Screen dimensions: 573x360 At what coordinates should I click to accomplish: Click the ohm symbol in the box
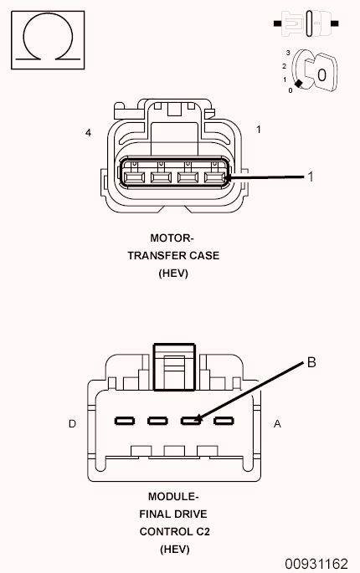48,39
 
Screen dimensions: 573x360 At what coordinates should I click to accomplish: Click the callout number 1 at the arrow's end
310,177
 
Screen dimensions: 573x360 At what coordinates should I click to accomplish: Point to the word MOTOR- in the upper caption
172,238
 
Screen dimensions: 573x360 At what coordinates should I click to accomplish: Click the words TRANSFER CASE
172,255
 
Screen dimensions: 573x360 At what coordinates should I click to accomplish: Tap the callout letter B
311,362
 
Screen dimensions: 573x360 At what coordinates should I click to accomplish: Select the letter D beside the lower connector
73,424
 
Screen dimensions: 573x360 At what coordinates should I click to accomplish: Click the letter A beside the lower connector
277,424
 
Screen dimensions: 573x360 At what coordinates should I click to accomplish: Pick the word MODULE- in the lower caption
172,496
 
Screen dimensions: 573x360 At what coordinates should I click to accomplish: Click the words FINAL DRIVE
172,514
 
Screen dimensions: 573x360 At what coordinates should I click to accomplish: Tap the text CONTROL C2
172,531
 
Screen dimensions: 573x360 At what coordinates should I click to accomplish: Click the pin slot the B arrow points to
190,420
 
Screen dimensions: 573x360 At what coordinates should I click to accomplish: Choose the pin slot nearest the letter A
222,420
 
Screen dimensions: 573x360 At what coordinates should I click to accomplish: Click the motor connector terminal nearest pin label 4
133,177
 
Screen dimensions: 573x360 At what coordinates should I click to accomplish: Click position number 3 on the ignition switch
286,53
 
